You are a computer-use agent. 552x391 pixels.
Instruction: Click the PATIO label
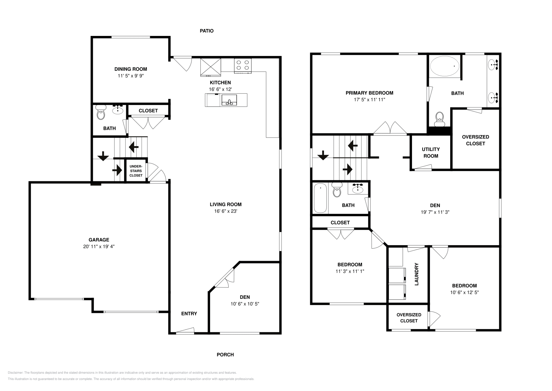(207, 31)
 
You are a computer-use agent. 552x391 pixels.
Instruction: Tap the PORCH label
(225, 354)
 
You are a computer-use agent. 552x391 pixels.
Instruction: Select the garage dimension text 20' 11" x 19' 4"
(99, 247)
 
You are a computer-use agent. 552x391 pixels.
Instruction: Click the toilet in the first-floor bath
(100, 113)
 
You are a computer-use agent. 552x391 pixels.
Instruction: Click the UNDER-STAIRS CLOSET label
(136, 171)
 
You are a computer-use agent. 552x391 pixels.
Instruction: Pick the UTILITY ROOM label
(431, 152)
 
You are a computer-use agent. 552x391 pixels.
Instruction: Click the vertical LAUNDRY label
(416, 274)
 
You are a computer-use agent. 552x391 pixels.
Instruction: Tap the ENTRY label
(189, 314)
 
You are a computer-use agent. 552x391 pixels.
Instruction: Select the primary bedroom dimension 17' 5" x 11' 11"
(369, 99)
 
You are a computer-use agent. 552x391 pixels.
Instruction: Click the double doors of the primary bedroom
(390, 128)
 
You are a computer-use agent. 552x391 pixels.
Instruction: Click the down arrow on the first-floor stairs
(103, 156)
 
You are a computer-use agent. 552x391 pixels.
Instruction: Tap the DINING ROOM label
(131, 69)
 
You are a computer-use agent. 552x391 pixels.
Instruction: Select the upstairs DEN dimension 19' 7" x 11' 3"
(435, 212)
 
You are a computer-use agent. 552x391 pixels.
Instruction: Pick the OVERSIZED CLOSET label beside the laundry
(409, 317)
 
